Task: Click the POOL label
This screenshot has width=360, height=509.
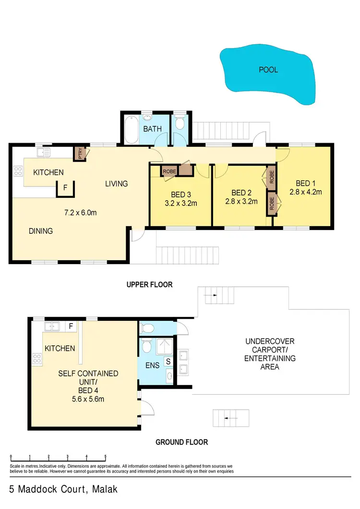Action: click(x=268, y=70)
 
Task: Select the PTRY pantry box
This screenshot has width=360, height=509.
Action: click(x=79, y=153)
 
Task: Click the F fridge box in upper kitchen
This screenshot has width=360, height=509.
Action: click(x=66, y=188)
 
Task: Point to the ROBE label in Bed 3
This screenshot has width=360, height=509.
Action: click(x=169, y=171)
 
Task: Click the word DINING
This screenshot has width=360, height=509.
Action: click(x=40, y=231)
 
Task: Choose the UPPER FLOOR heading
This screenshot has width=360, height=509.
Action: click(x=149, y=285)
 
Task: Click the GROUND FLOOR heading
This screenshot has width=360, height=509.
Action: click(x=181, y=442)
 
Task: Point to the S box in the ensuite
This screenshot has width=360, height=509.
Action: click(x=168, y=361)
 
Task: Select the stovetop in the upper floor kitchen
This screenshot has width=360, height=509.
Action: click(x=18, y=172)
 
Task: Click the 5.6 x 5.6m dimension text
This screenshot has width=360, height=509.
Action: click(x=88, y=399)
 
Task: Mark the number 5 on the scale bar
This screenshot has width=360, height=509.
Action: click(x=105, y=458)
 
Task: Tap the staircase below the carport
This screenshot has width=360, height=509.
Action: click(x=231, y=418)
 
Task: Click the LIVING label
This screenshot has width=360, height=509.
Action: click(x=117, y=183)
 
